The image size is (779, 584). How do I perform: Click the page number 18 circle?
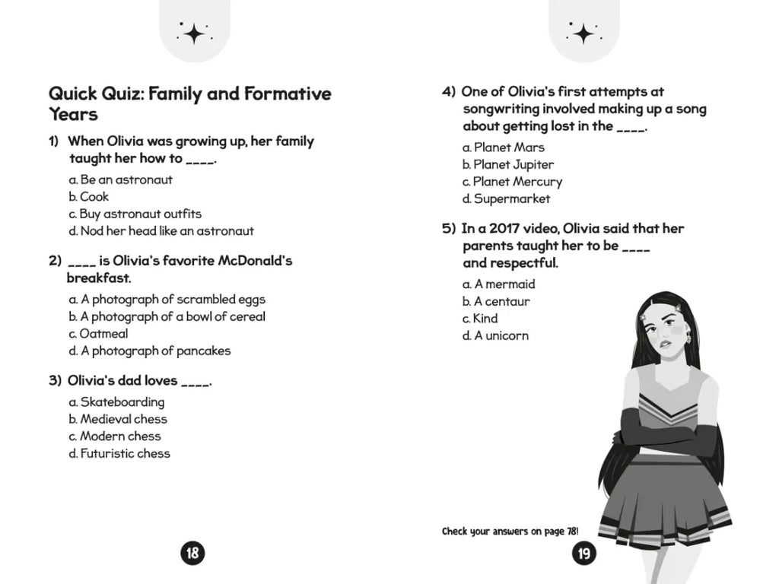[192, 553]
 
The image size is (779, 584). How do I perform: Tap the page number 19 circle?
[583, 553]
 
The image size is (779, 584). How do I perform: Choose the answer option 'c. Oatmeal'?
[98, 334]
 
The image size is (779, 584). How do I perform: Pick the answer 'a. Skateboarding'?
[116, 402]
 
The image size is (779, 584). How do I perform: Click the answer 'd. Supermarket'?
[506, 199]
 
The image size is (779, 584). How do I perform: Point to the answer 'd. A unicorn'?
[495, 336]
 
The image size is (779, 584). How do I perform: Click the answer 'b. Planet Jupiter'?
[508, 165]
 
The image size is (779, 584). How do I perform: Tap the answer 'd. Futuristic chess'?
[119, 454]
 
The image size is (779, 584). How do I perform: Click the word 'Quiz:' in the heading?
[119, 94]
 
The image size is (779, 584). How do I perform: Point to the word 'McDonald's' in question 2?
[256, 261]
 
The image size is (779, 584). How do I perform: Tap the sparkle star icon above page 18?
[193, 32]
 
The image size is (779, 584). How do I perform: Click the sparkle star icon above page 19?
[583, 33]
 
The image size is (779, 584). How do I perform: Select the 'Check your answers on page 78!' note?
[510, 532]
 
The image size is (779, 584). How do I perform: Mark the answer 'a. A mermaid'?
[499, 284]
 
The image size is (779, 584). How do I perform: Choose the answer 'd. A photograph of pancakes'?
[150, 351]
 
